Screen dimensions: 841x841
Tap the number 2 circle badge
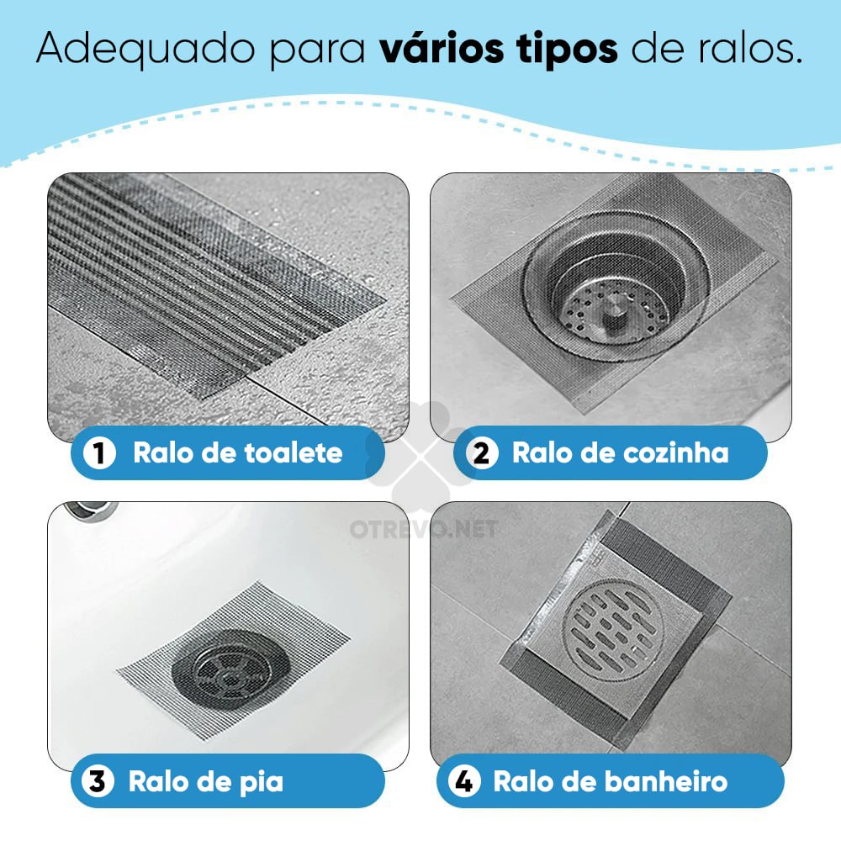click(x=482, y=454)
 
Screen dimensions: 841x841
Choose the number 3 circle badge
click(x=97, y=781)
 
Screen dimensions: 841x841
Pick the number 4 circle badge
click(x=463, y=781)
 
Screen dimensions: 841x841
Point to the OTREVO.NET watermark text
click(x=423, y=529)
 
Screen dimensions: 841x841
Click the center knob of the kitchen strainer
click(x=611, y=313)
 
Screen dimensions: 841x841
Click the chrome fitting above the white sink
click(x=87, y=510)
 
